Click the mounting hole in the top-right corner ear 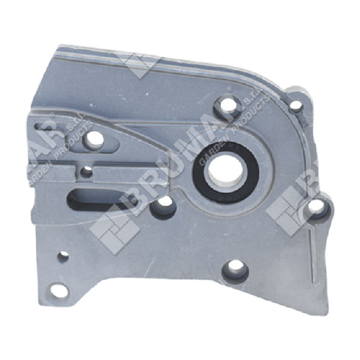pos(295,106)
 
